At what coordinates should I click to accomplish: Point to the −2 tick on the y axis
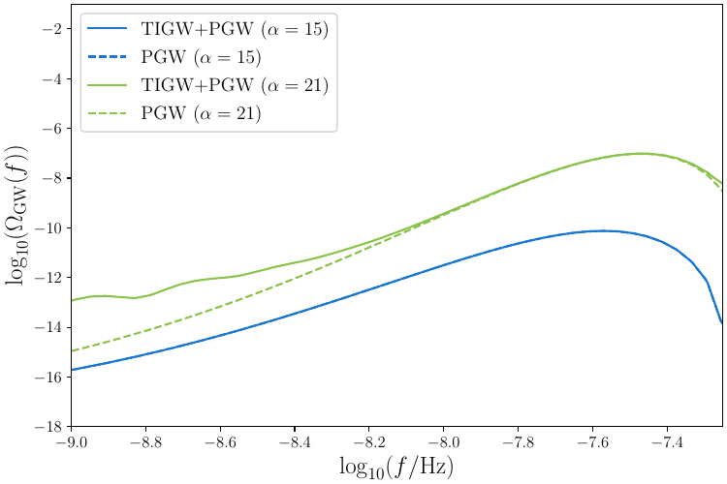50,29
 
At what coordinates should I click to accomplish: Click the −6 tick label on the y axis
50,129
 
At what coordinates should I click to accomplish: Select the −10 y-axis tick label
47,228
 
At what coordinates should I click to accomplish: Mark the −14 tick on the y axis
47,327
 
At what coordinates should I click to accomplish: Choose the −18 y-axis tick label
47,427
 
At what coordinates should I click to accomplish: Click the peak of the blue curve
603,230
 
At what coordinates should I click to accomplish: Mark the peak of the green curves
642,153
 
